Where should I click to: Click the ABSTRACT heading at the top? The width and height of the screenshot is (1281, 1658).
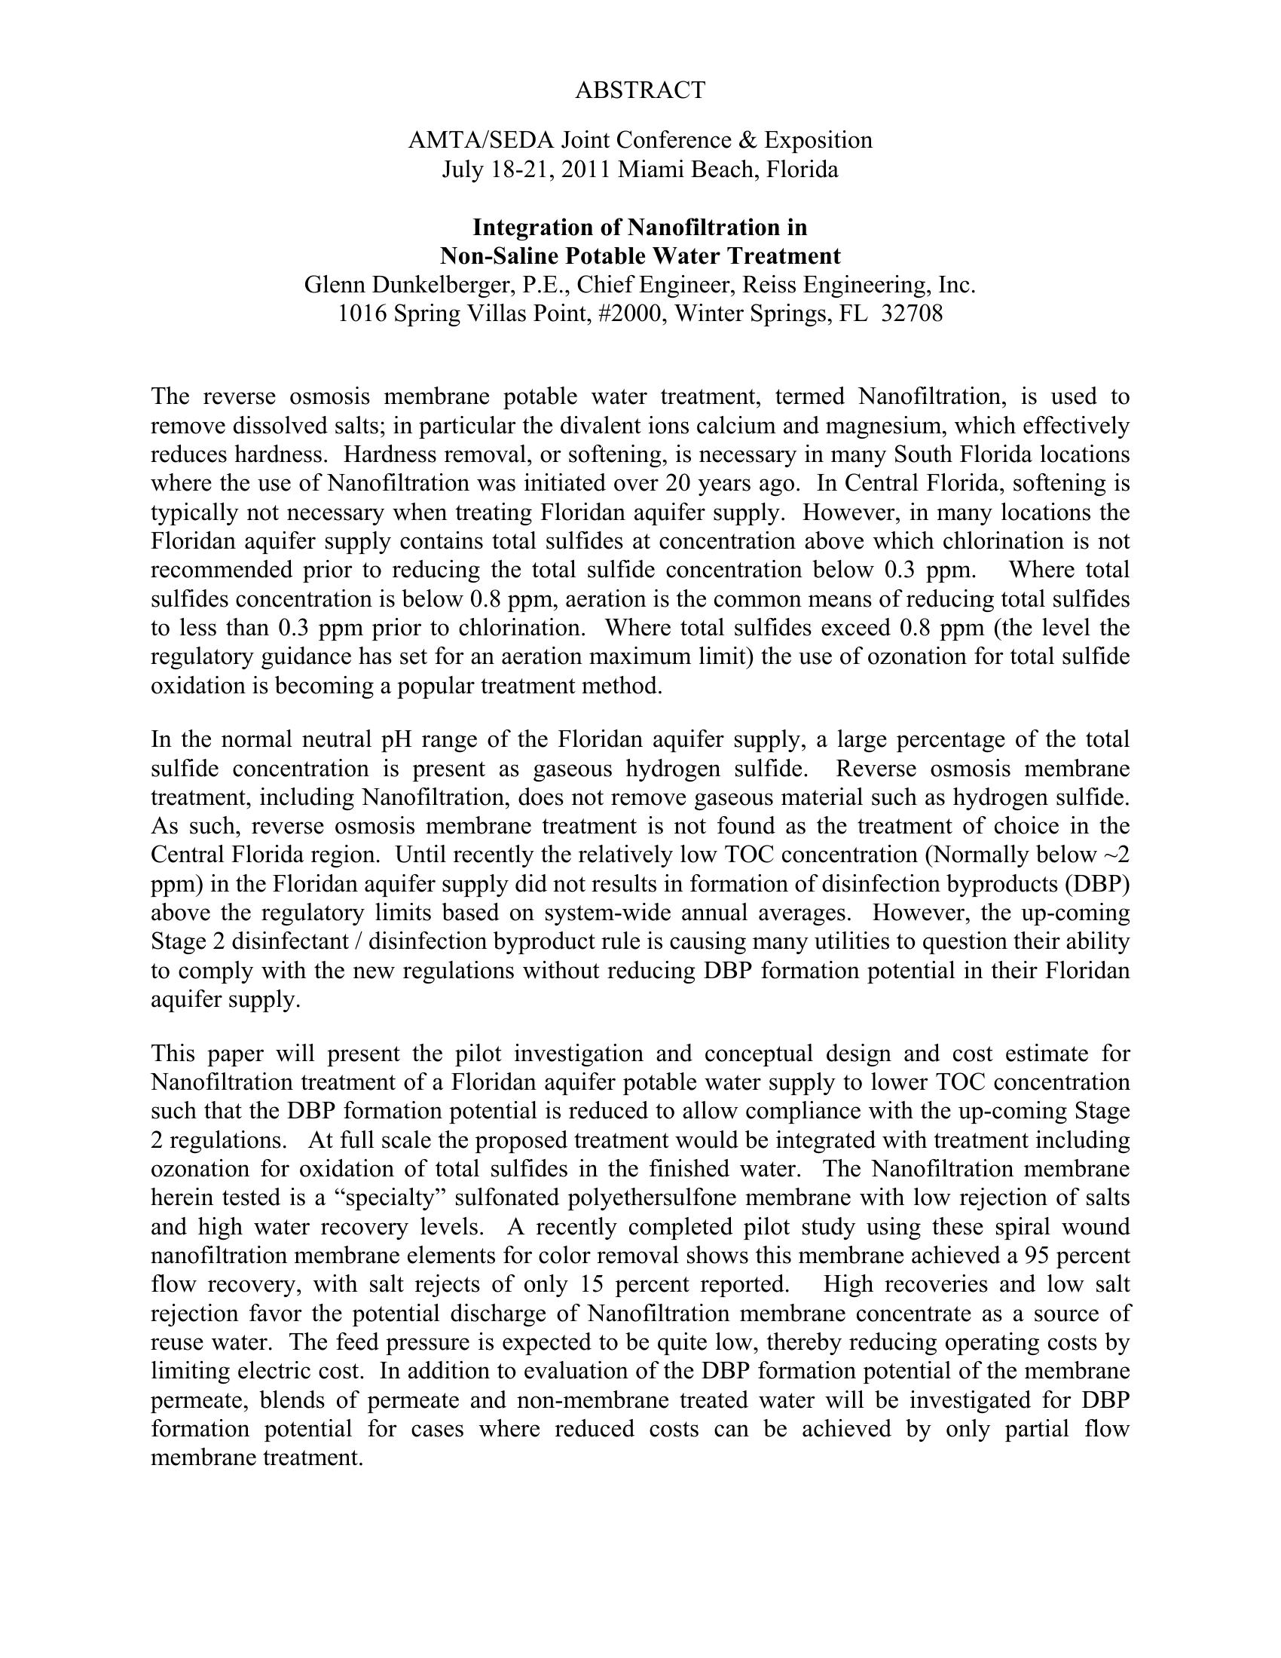tap(640, 90)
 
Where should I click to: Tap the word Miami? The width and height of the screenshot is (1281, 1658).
tap(646, 170)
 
